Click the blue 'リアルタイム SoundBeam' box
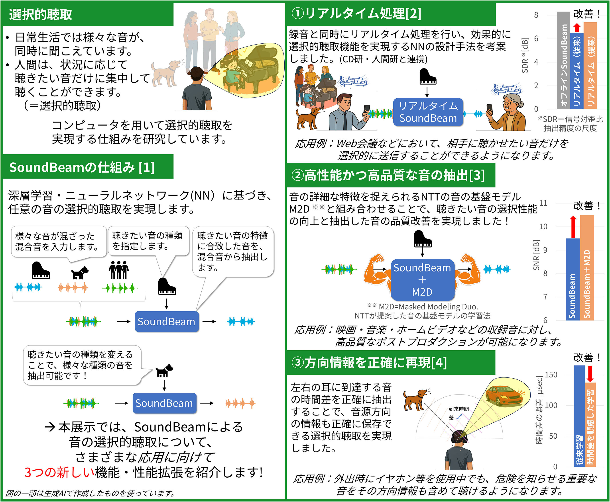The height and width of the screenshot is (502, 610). [x=428, y=112]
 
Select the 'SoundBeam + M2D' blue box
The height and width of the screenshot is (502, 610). [x=422, y=280]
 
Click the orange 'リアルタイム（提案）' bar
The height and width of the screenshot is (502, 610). [x=590, y=66]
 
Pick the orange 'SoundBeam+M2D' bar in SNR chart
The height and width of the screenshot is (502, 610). [x=587, y=268]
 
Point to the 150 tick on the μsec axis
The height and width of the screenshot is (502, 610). [x=551, y=375]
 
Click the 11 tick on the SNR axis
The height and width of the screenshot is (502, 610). [x=543, y=203]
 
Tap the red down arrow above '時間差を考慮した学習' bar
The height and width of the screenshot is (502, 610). [x=590, y=374]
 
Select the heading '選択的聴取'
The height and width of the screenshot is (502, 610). [x=41, y=14]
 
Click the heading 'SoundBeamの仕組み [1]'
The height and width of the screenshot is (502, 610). [x=82, y=167]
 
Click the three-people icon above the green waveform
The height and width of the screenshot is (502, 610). [x=119, y=270]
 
